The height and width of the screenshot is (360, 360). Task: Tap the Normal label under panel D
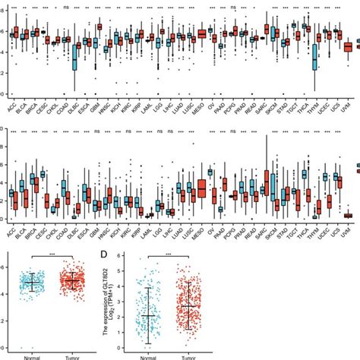(x=152, y=356)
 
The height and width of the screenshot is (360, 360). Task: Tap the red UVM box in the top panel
(x=348, y=46)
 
